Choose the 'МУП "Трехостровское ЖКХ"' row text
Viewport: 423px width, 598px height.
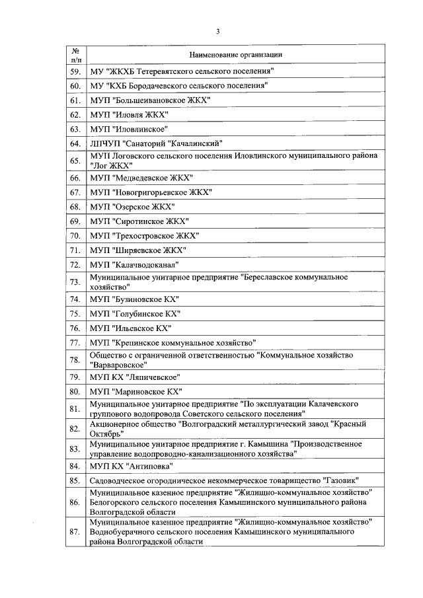[144, 235]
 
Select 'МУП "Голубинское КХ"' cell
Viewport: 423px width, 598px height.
[135, 314]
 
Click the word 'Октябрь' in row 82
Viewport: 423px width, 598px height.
[106, 434]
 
